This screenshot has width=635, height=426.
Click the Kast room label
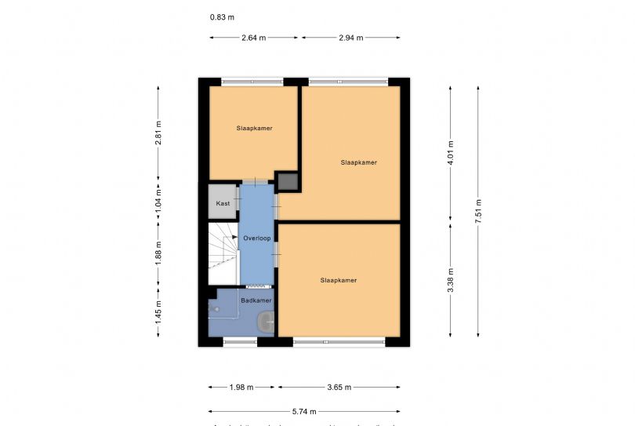[x=223, y=203]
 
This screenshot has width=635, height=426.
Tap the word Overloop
[x=256, y=237]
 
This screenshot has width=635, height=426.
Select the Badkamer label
[x=256, y=300]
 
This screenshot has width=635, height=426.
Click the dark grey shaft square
[x=288, y=182]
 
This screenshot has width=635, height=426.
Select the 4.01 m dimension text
[x=451, y=151]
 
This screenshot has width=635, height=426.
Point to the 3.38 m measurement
[x=451, y=280]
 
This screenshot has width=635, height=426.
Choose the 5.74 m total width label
[x=304, y=410]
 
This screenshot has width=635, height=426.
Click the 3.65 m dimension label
[x=339, y=387]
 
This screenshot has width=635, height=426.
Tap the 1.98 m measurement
[x=243, y=387]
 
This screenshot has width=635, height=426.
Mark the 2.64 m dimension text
[x=253, y=38]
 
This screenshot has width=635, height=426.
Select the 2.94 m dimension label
[x=350, y=38]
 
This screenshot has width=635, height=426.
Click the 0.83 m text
[x=222, y=17]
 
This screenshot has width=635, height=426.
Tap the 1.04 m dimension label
[x=158, y=201]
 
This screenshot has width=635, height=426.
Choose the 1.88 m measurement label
[x=158, y=254]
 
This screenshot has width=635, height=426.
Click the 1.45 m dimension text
[x=158, y=313]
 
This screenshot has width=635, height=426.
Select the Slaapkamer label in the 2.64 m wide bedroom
[x=254, y=128]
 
